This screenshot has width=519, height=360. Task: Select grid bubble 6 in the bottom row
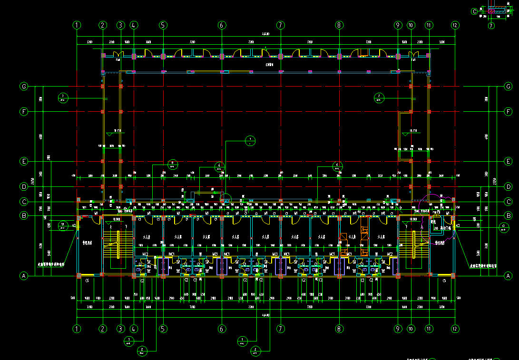(222, 329)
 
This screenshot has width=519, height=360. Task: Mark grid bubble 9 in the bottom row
(398, 329)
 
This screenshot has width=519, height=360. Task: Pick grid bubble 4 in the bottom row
(134, 329)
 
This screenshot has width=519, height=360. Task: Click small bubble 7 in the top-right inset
(491, 26)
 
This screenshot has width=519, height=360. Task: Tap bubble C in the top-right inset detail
(474, 11)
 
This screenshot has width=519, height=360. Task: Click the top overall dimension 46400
(265, 34)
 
